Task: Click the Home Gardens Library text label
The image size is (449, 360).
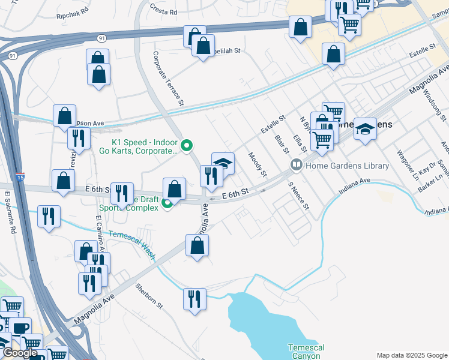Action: pyautogui.click(x=347, y=166)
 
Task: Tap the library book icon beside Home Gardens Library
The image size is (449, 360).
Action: pyautogui.click(x=295, y=164)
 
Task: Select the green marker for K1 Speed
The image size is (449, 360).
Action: pyautogui.click(x=187, y=145)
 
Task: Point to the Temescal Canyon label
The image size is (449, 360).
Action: pyautogui.click(x=306, y=352)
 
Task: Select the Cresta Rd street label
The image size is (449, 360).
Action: pyautogui.click(x=163, y=11)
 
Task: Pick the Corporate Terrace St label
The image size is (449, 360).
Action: pyautogui.click(x=168, y=78)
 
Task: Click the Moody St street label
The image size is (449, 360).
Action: pyautogui.click(x=258, y=164)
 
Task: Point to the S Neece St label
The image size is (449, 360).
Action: pyautogui.click(x=298, y=196)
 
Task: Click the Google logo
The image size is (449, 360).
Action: pyautogui.click(x=20, y=353)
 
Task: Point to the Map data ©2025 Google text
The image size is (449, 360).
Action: pyautogui.click(x=411, y=355)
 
